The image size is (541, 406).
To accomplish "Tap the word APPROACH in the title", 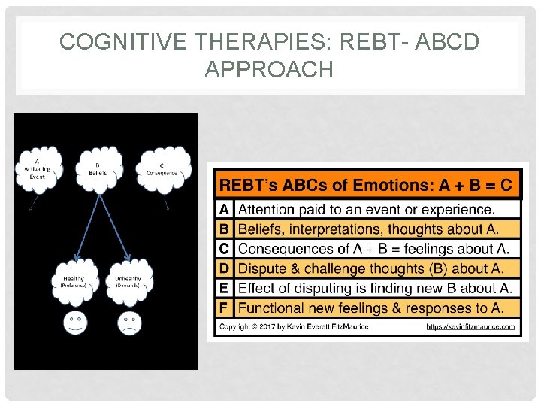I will point(268,70).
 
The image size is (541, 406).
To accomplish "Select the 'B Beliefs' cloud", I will point(98,169).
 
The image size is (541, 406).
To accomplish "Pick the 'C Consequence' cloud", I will point(162,171).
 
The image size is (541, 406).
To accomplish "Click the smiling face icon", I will point(74,323).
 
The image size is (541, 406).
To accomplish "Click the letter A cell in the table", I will point(225,209).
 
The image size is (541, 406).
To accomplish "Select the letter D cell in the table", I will point(225,268).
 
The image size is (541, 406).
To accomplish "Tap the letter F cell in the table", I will point(225,307).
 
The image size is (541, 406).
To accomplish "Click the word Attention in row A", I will point(268,209).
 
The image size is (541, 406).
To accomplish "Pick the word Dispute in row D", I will point(261,268).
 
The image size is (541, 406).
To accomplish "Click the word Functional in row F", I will point(273,307).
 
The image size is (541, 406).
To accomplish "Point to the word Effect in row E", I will point(257,287).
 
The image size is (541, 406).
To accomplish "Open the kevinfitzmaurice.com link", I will point(471,326).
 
